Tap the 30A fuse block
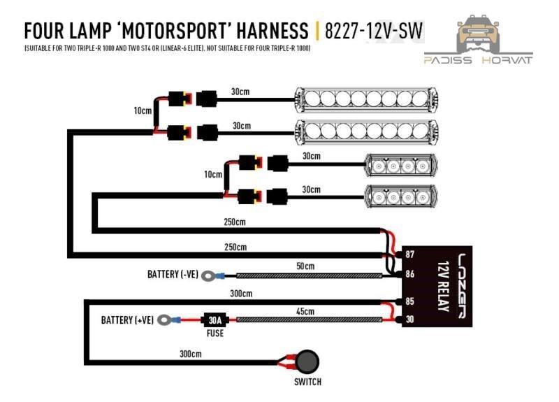coord(214,320)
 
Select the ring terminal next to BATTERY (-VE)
coord(208,276)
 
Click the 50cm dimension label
coord(305,266)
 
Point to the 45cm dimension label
coord(305,311)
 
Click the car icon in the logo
coord(478,33)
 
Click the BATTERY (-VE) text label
coord(173,275)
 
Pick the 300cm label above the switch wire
coord(190,354)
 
